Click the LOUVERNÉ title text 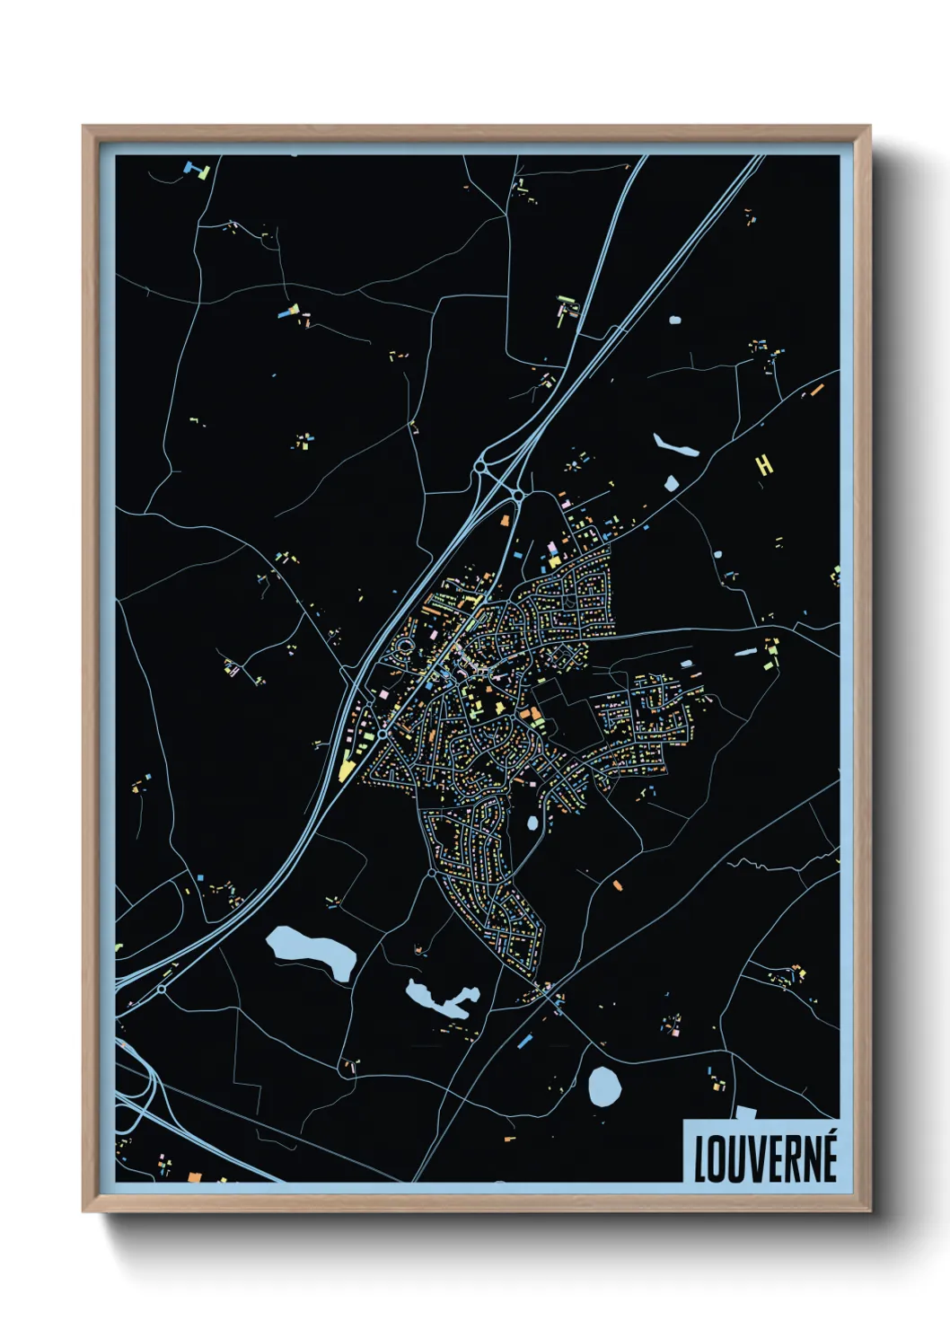(x=765, y=1157)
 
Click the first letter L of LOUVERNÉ (x=700, y=1159)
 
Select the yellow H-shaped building (x=763, y=464)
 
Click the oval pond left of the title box (x=604, y=1087)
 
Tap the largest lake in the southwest (x=310, y=953)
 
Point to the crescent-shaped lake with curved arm (x=440, y=999)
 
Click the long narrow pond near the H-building (x=675, y=445)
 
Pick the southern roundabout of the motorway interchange (x=518, y=495)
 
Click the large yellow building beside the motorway (x=347, y=768)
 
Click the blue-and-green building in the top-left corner (x=197, y=169)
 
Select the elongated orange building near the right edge (x=816, y=390)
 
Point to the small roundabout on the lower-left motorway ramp (x=162, y=989)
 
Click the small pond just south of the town (x=532, y=822)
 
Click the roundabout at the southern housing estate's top (x=432, y=872)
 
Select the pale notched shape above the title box (x=745, y=1113)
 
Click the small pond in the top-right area (x=674, y=319)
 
